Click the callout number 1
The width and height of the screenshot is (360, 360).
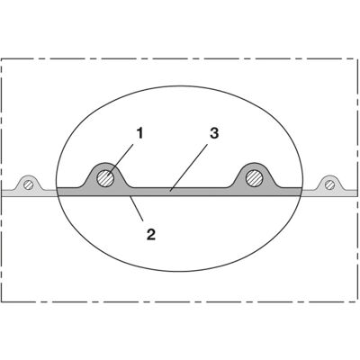[139, 133]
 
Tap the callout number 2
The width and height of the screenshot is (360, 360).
[151, 234]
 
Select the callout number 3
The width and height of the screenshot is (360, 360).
[214, 133]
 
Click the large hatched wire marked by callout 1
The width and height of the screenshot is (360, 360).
[105, 179]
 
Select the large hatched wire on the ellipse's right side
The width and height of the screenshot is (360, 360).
[255, 179]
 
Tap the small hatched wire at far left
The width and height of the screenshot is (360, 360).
[29, 185]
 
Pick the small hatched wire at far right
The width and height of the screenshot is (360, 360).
[330, 185]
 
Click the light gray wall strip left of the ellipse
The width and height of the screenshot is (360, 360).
[29, 193]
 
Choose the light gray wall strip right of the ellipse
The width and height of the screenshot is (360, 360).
[329, 193]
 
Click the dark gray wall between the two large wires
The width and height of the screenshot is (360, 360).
[180, 192]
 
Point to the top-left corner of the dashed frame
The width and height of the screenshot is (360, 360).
[2, 58]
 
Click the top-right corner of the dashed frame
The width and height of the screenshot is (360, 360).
[357, 58]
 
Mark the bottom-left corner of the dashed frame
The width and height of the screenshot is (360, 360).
[2, 301]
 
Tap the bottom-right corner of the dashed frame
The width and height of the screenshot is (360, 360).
[357, 301]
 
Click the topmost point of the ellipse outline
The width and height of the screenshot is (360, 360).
[179, 86]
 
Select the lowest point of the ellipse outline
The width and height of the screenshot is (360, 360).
[179, 272]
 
